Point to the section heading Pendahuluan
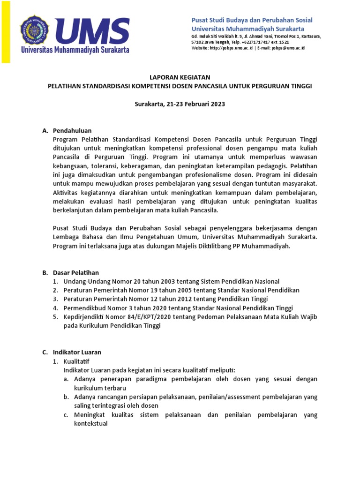click(x=72, y=130)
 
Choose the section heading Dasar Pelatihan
click(x=76, y=272)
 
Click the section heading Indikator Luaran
click(x=77, y=352)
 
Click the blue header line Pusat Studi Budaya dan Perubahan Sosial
click(x=252, y=20)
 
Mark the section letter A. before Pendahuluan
click(x=45, y=130)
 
